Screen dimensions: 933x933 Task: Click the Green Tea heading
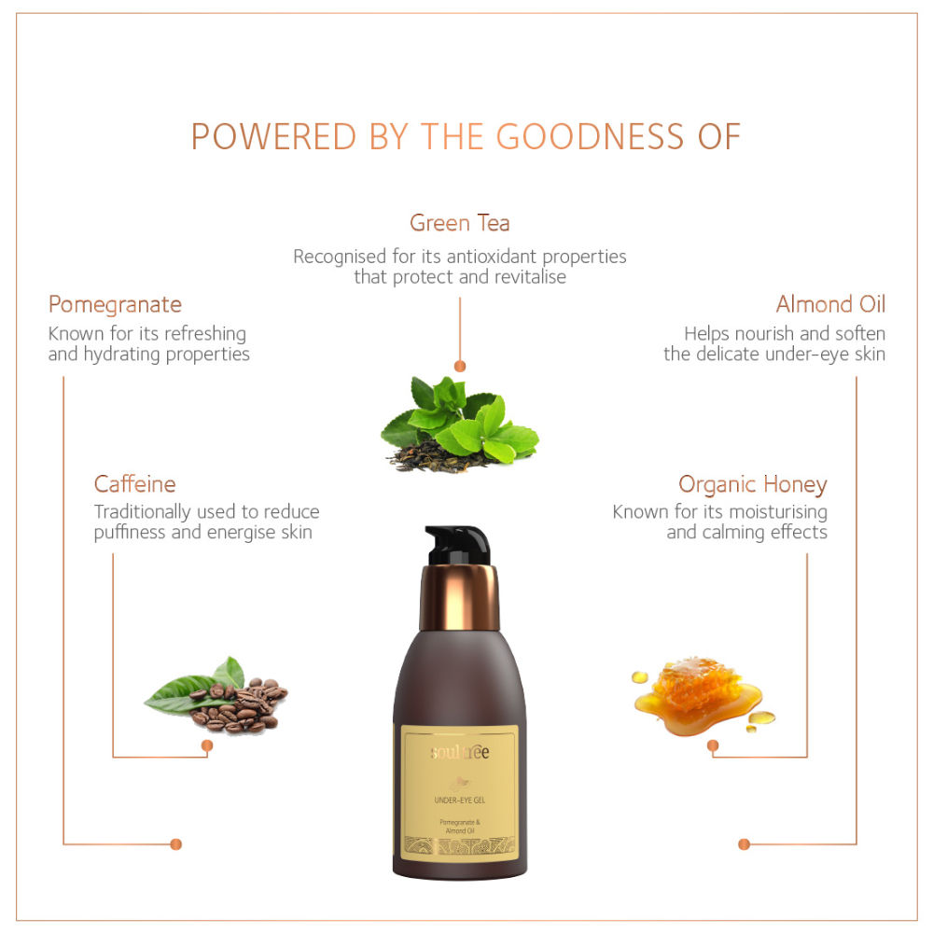pyautogui.click(x=459, y=223)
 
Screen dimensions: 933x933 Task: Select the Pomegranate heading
pyautogui.click(x=115, y=305)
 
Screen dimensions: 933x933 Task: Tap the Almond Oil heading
pyautogui.click(x=830, y=304)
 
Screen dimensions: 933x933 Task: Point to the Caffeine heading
pyautogui.click(x=134, y=483)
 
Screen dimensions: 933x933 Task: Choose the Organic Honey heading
pyautogui.click(x=753, y=485)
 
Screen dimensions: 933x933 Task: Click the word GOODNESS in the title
pyautogui.click(x=590, y=136)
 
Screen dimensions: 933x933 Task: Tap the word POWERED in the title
pyautogui.click(x=273, y=136)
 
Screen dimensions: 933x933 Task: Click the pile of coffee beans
pyautogui.click(x=238, y=705)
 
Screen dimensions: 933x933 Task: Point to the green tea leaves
pyautogui.click(x=460, y=420)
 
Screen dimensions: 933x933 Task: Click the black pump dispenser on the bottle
pyautogui.click(x=457, y=545)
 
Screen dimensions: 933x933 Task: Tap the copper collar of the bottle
pyautogui.click(x=459, y=597)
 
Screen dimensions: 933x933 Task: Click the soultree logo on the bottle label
pyautogui.click(x=459, y=752)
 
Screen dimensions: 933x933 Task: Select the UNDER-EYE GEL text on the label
pyautogui.click(x=459, y=801)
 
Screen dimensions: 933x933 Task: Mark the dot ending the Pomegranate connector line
pyautogui.click(x=175, y=844)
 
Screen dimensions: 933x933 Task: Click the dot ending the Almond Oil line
pyautogui.click(x=744, y=844)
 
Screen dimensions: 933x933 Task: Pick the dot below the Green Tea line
pyautogui.click(x=459, y=366)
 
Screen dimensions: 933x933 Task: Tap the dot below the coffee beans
pyautogui.click(x=207, y=745)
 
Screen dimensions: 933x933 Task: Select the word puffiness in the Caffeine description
pyautogui.click(x=130, y=533)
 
